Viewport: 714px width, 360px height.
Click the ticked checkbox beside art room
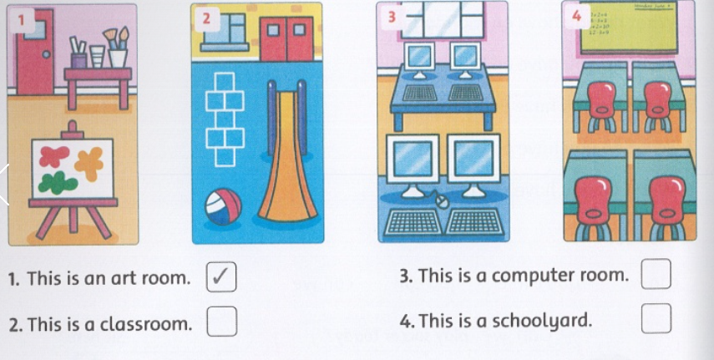coord(221,277)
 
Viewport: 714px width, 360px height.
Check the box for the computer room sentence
coord(656,274)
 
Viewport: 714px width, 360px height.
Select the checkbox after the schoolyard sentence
coord(656,318)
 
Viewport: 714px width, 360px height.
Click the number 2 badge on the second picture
coord(206,18)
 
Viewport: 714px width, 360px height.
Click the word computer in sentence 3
coord(530,275)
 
